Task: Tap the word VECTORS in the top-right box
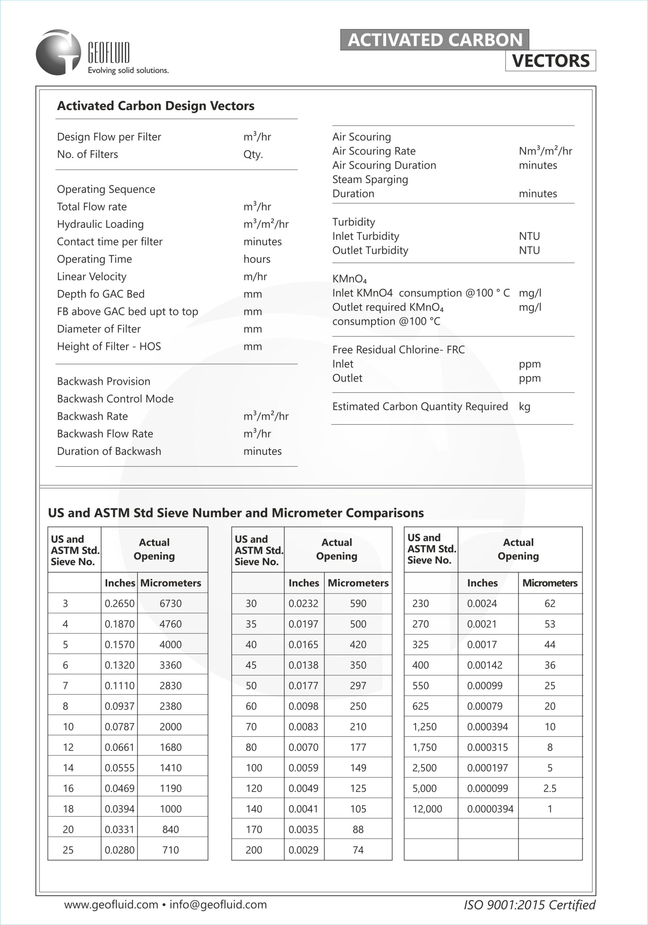(550, 61)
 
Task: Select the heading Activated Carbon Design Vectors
(155, 106)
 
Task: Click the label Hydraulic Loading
(100, 224)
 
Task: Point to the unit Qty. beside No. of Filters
(253, 155)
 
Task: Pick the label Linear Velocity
(91, 277)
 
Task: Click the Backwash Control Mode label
(115, 399)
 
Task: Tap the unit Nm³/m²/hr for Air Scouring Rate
(545, 151)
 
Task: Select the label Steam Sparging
(370, 180)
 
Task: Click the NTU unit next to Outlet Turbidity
(529, 251)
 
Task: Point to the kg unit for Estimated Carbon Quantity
(524, 406)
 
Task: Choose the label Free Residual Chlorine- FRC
(398, 350)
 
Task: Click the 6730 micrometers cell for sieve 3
(171, 603)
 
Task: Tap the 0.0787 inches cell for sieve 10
(119, 727)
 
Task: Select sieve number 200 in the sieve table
(254, 850)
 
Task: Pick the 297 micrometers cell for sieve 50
(358, 686)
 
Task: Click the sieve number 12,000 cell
(427, 809)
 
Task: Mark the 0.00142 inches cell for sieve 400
(485, 665)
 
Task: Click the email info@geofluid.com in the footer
(218, 905)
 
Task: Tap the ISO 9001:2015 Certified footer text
(529, 905)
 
